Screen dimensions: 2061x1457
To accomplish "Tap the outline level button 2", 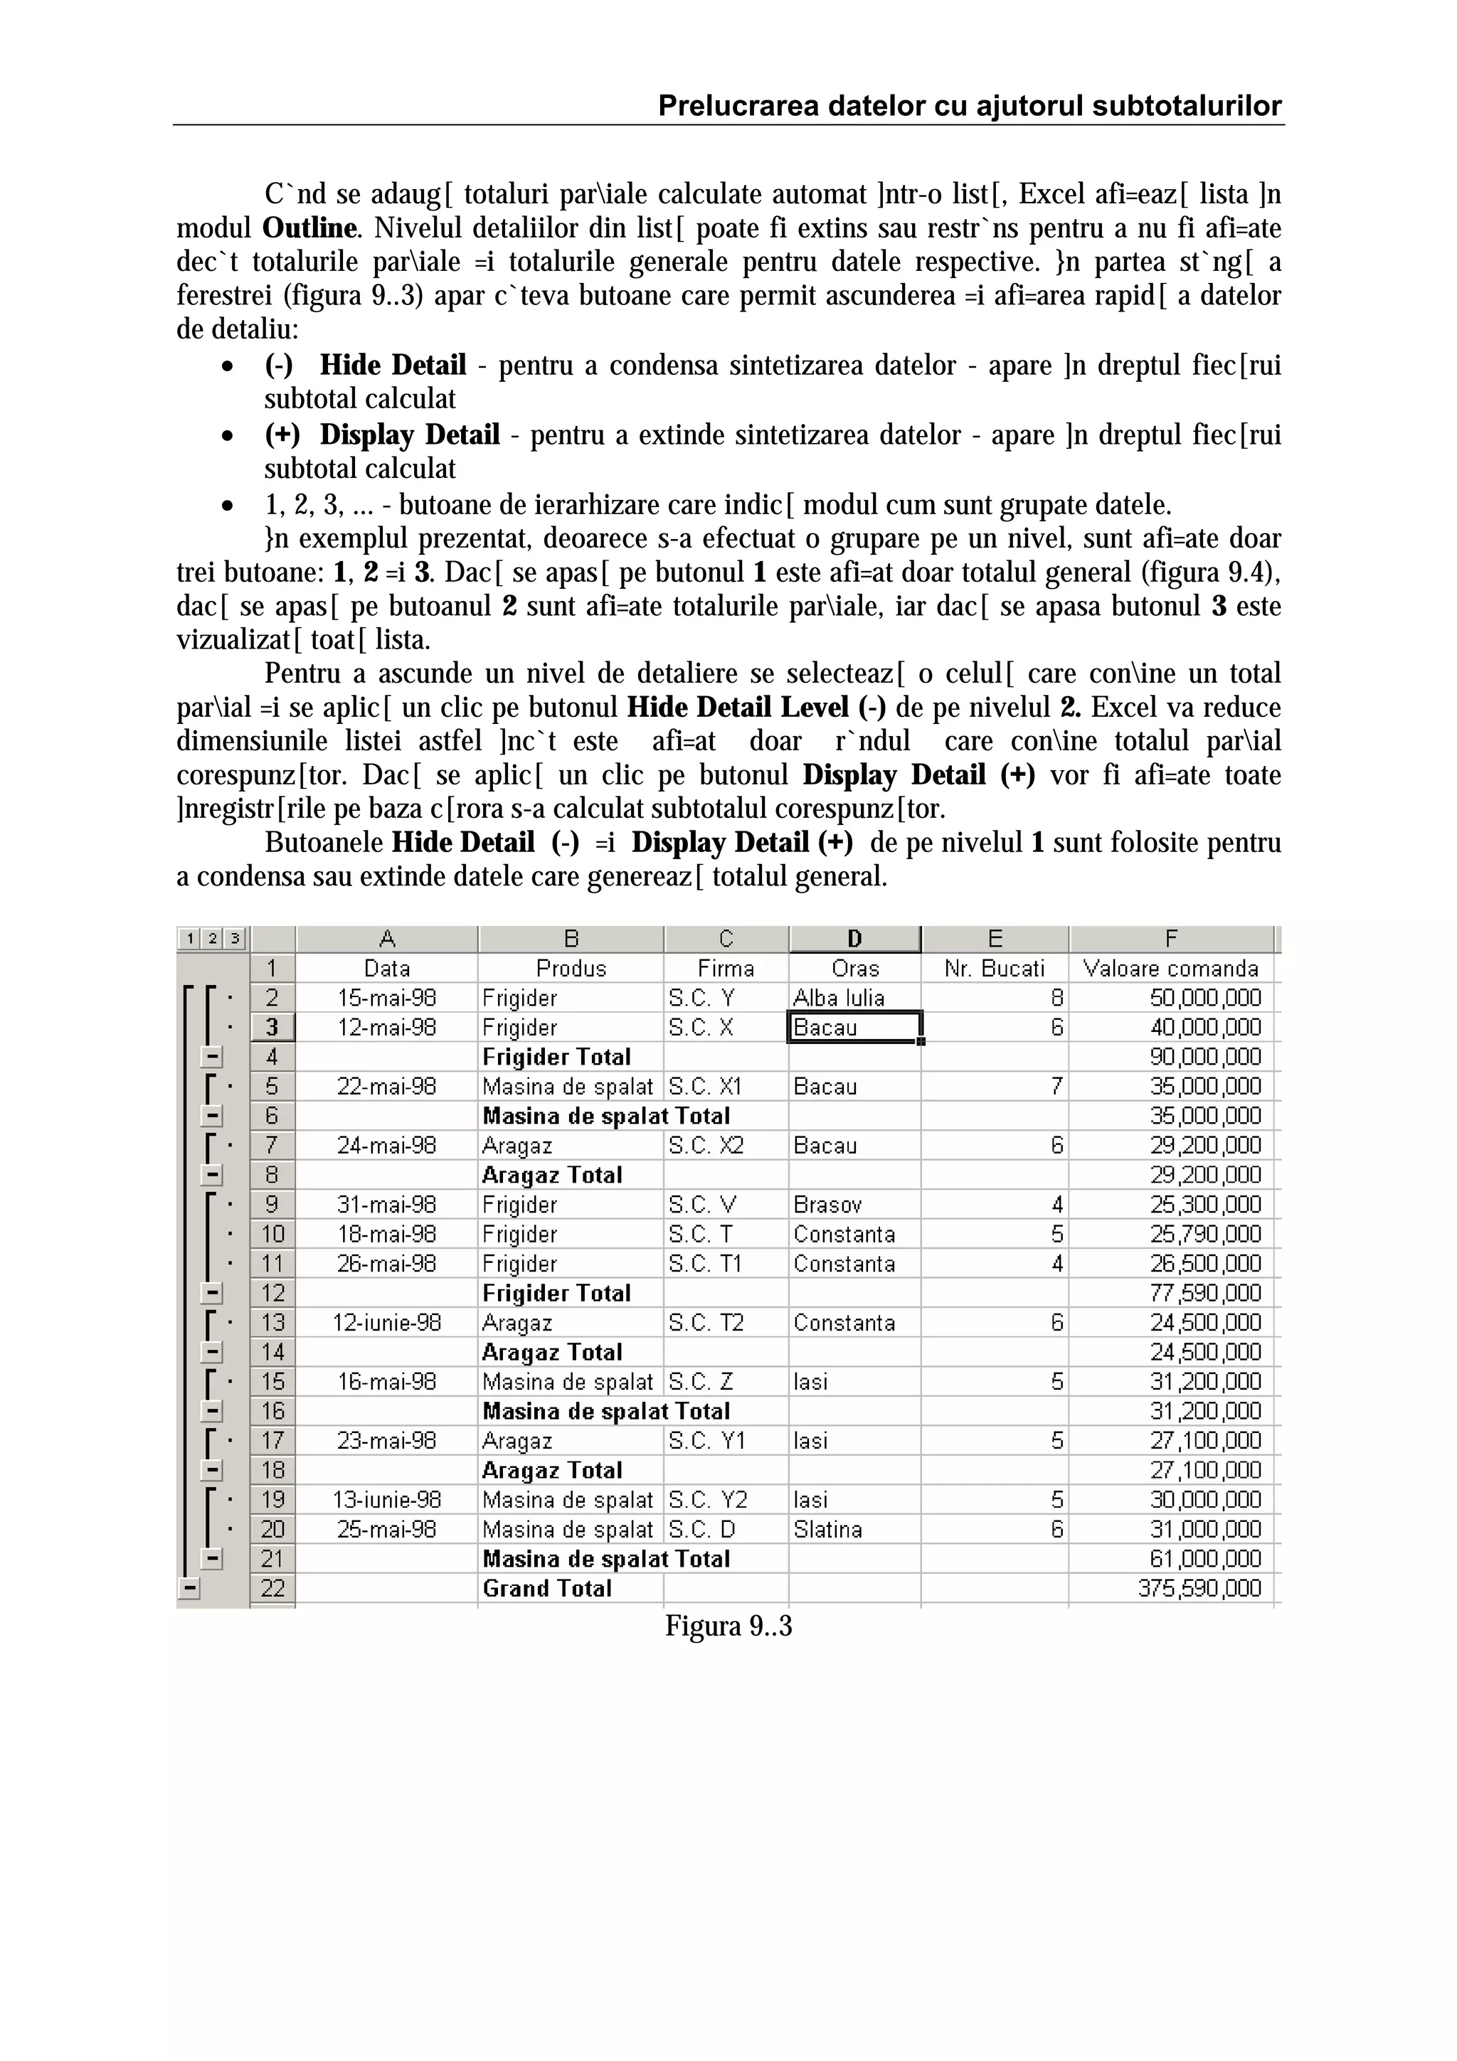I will pyautogui.click(x=213, y=939).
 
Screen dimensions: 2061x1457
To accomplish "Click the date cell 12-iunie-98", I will pyautogui.click(x=387, y=1322).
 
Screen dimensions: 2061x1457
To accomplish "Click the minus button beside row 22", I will pyautogui.click(x=189, y=1589).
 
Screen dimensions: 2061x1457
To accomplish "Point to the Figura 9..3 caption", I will pyautogui.click(x=728, y=1626).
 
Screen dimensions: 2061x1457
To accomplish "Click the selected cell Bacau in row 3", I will pyautogui.click(x=853, y=1027).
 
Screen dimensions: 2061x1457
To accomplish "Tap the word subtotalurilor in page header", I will pyautogui.click(x=1187, y=106).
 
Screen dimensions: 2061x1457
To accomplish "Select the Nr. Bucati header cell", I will pyautogui.click(x=995, y=969).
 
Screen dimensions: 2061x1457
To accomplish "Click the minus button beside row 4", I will pyautogui.click(x=213, y=1057).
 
